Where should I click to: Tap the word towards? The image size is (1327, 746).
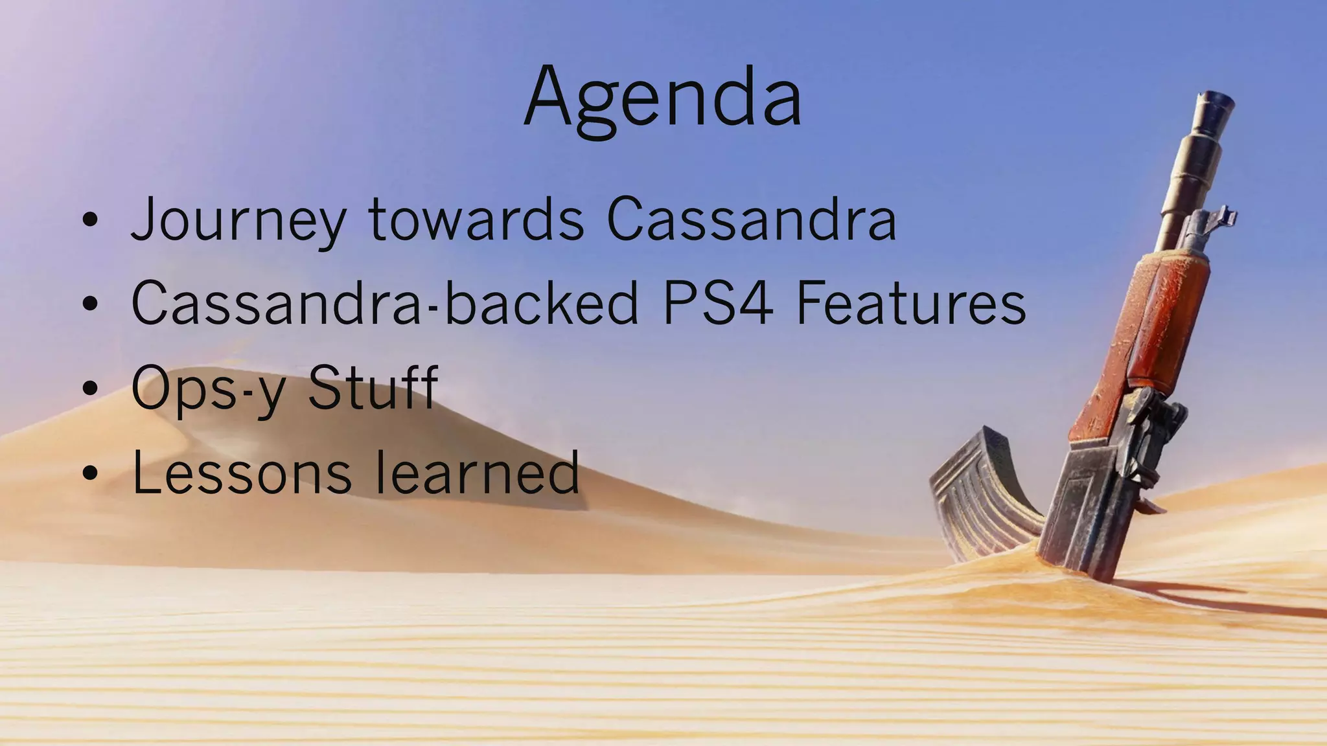(476, 220)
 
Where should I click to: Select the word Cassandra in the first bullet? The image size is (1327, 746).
(752, 220)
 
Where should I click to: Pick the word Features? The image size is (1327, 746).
(911, 303)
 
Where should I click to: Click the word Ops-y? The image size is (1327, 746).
(207, 389)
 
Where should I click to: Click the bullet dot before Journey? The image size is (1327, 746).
(90, 221)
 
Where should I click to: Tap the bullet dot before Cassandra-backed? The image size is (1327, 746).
(90, 304)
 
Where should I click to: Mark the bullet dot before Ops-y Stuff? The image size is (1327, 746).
(90, 388)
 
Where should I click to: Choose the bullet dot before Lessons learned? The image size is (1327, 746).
(90, 473)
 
